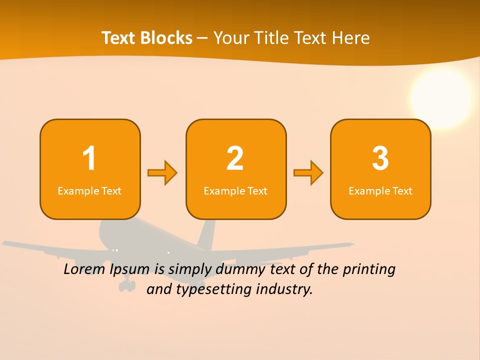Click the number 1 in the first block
(x=89, y=158)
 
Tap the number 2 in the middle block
(x=235, y=158)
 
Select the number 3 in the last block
(x=380, y=158)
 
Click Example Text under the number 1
(x=89, y=191)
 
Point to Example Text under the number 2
(x=235, y=191)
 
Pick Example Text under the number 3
(x=380, y=191)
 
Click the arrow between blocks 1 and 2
(x=162, y=173)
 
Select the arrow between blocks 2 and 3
(x=308, y=173)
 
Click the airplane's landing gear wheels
(x=127, y=285)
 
